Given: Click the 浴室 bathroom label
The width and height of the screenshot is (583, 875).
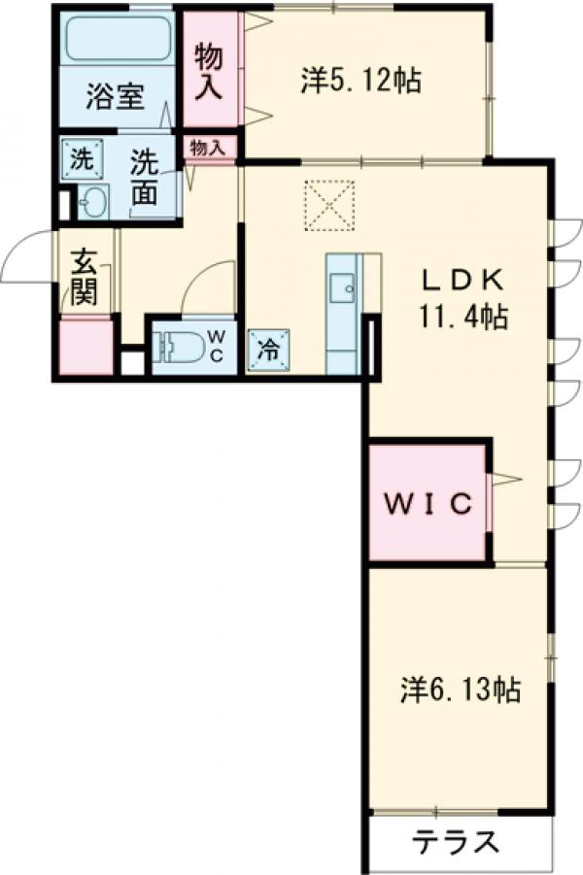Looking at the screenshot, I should (x=116, y=98).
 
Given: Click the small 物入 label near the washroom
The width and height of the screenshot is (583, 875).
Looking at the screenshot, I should (x=208, y=148).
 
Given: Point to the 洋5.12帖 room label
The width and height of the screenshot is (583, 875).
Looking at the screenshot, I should (x=360, y=81).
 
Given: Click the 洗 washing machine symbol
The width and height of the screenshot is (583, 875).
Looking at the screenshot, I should (x=78, y=158).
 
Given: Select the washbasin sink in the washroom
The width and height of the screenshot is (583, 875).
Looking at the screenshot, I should (x=94, y=202).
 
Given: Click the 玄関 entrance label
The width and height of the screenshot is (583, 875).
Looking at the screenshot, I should (x=85, y=276).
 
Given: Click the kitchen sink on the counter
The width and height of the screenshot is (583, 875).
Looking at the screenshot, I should (x=341, y=286).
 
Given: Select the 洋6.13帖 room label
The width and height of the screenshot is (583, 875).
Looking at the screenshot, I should (x=460, y=690).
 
